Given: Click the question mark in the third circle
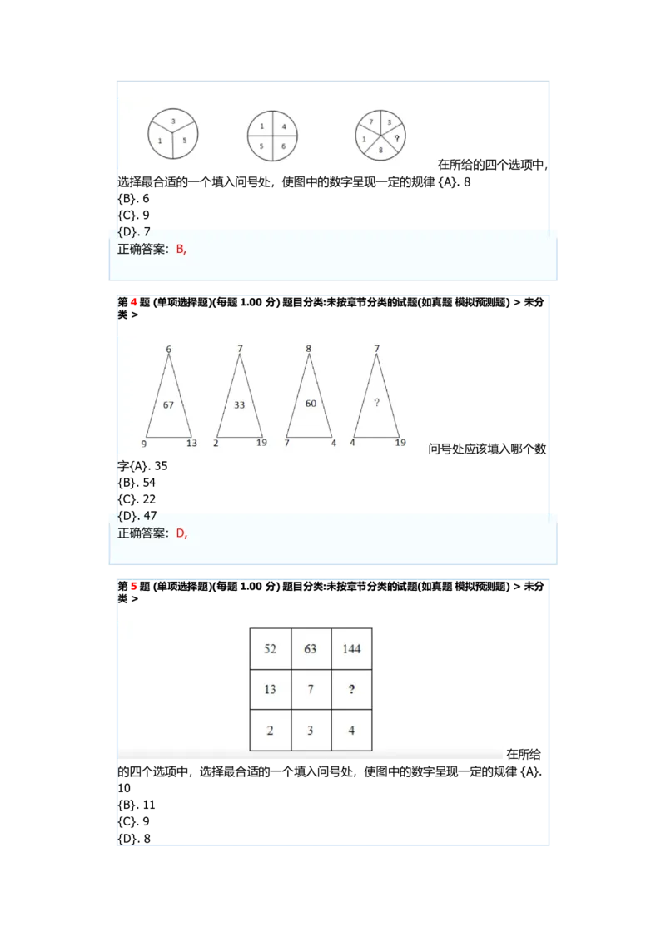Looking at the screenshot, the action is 397,138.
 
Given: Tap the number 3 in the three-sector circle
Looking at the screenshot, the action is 173,121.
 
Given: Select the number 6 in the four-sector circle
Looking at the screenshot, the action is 284,146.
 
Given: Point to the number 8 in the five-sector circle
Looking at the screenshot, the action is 380,150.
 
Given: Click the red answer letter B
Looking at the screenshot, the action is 180,250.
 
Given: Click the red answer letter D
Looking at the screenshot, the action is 181,533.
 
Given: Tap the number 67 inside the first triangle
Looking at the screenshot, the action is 168,405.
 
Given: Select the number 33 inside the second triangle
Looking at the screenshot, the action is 239,405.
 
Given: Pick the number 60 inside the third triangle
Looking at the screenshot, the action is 311,403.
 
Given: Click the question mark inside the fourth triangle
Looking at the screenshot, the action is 377,403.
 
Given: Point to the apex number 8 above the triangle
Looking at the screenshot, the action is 308,349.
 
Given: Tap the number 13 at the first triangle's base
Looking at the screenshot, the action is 191,444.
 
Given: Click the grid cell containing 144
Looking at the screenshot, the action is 351,649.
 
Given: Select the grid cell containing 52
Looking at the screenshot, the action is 271,649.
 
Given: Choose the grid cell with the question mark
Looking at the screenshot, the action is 351,690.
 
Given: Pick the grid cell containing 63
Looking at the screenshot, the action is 311,649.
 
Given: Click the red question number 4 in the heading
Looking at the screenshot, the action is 133,302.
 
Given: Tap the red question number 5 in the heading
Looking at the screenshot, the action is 133,587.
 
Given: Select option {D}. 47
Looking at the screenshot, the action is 137,516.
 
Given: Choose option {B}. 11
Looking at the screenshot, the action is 137,805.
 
